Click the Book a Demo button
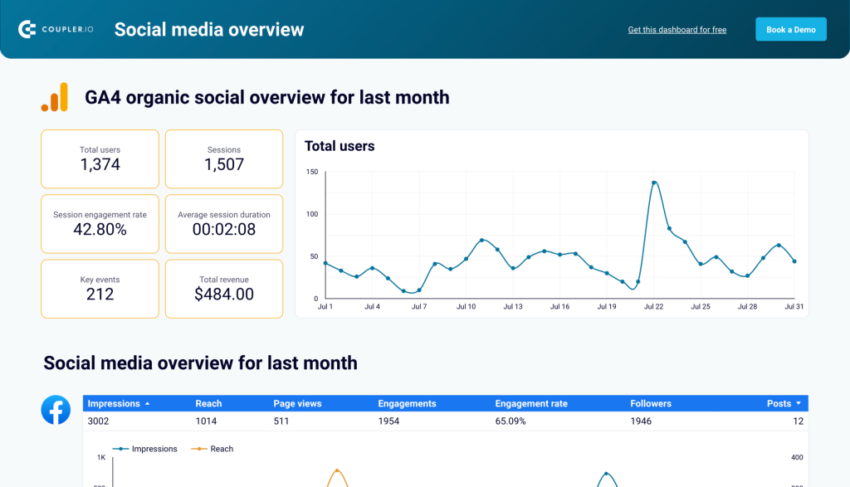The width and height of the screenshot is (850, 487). point(790,29)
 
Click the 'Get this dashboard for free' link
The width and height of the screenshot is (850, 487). point(677,30)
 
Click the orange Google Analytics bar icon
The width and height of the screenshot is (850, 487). point(55,97)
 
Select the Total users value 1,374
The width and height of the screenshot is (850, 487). point(100,164)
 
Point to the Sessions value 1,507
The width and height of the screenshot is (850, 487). point(224,164)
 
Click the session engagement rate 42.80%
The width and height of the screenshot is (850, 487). point(100,229)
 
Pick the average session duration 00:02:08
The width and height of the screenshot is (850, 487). point(224,229)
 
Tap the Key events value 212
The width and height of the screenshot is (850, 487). point(100,294)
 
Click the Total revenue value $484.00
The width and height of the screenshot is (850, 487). point(224,294)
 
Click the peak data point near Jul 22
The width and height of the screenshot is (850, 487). point(654,183)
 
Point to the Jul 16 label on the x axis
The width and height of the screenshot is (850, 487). point(560,307)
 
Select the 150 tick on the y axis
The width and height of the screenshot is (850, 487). point(311,172)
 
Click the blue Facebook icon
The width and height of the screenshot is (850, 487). point(56,410)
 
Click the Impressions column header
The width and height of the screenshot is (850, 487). point(114,404)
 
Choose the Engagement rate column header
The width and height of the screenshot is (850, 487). point(531,404)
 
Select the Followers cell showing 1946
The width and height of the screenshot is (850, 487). point(641,421)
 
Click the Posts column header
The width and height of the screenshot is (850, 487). point(779,404)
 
